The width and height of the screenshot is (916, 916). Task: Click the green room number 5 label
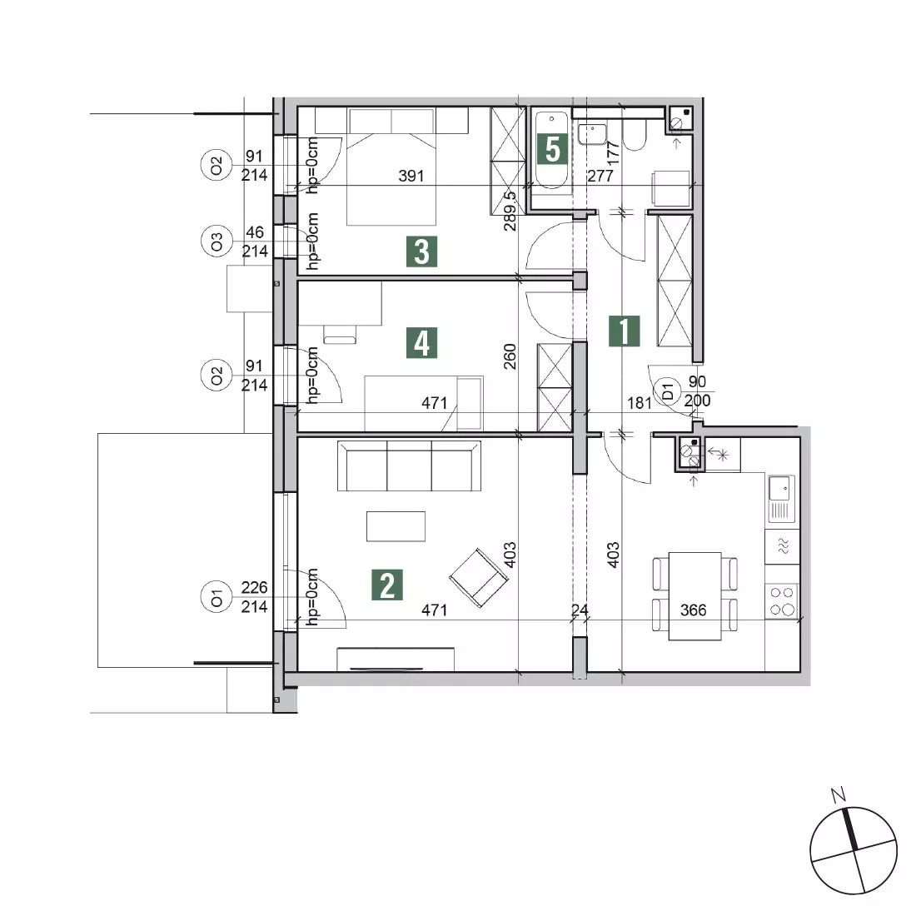coord(552,150)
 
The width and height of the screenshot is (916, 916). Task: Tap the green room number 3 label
coord(422,251)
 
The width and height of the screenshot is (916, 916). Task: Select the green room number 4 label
coord(422,343)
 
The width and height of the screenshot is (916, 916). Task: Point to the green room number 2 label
coord(386,585)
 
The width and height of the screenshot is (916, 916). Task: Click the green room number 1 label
coord(624,331)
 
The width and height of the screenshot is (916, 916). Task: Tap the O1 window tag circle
coord(217,598)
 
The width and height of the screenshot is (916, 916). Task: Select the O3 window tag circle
coord(217,241)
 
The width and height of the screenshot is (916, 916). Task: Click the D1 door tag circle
coord(669,391)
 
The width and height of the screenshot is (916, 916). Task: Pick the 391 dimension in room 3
coord(411,175)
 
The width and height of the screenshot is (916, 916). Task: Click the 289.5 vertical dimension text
coord(510,211)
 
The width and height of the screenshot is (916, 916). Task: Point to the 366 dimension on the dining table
coord(694,610)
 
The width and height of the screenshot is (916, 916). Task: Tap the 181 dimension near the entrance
coord(639,402)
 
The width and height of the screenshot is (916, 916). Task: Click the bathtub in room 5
coord(551,150)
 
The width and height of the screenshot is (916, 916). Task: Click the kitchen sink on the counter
coord(780,499)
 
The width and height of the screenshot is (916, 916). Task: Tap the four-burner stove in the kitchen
coord(782,600)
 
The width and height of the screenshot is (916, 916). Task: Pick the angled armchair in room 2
coord(479,578)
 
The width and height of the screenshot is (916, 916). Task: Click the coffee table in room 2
coord(396,526)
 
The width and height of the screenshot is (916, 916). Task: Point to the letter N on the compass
coord(839,794)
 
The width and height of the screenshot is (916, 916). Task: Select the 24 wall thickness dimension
coord(580,610)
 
